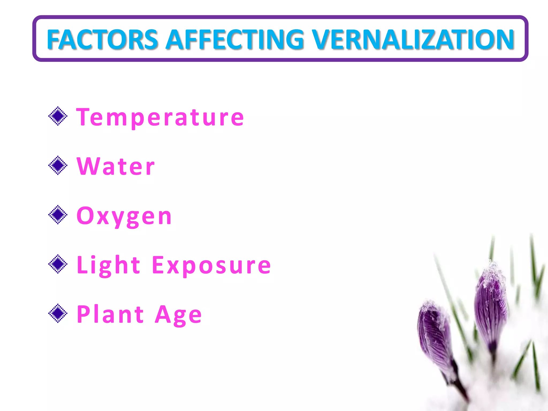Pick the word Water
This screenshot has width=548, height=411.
tap(116, 166)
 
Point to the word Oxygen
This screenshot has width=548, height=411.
tap(124, 216)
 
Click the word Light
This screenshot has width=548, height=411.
tap(108, 265)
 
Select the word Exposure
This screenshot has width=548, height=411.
tap(211, 265)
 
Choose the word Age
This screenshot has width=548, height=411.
tap(178, 315)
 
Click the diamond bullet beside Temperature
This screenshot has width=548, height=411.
tap(58, 116)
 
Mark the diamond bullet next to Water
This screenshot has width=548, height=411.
tap(58, 165)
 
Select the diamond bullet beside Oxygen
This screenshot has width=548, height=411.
tap(58, 215)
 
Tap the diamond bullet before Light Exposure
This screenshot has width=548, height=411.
tap(58, 264)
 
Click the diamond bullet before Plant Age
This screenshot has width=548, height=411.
tap(58, 313)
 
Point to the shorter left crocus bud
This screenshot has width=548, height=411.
tap(435, 334)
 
